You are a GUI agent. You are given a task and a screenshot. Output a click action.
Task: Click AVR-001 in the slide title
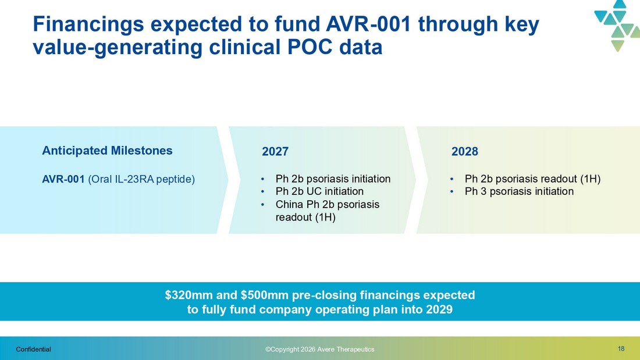pos(368,24)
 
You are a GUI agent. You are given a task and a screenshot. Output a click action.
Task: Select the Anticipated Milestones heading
pos(108,151)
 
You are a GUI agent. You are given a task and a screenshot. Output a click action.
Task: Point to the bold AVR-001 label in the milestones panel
pos(63,179)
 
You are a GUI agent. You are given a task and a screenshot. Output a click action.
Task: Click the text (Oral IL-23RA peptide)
pos(141,179)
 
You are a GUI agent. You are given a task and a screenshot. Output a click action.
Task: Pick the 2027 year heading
pos(275,151)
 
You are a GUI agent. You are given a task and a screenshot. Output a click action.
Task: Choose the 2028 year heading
pos(464,151)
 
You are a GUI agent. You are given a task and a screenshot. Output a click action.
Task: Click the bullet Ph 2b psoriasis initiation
pos(333,179)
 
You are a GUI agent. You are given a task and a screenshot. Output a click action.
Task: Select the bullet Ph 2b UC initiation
pos(319,191)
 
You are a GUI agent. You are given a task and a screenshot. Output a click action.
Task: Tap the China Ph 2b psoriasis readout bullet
pos(328,211)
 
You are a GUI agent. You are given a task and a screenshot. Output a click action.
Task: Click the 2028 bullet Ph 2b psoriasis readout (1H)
pos(532,179)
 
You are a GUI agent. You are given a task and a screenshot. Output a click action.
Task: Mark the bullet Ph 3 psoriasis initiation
pos(519,191)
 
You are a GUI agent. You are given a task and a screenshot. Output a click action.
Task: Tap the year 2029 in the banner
pos(439,309)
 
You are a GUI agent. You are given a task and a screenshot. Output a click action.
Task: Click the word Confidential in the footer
pos(34,350)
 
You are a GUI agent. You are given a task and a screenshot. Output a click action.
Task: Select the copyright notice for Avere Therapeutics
pos(319,350)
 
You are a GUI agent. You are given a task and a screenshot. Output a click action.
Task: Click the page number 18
pos(621,348)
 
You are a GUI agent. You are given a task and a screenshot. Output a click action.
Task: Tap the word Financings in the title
pos(88,24)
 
